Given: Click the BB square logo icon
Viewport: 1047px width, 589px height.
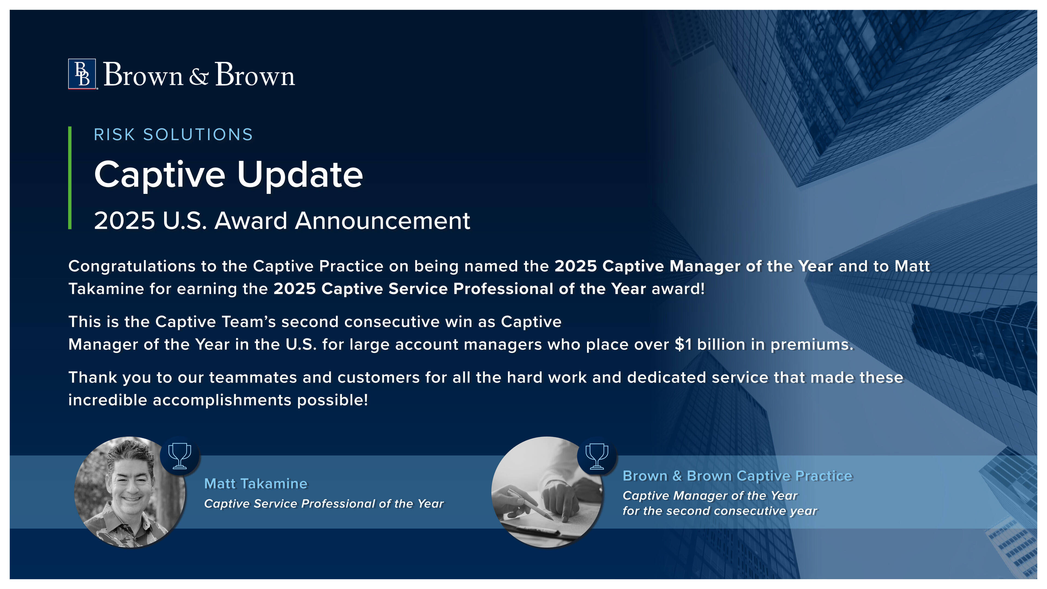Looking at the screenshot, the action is (x=82, y=74).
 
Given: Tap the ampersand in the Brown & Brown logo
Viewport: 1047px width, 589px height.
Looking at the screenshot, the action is (x=199, y=76).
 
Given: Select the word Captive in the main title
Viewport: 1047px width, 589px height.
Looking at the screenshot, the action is (x=160, y=175).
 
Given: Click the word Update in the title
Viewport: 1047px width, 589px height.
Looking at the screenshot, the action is (x=300, y=175).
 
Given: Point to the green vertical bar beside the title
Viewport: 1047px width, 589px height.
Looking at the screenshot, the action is (x=70, y=178).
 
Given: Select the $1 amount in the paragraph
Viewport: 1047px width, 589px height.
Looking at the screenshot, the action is (x=683, y=345).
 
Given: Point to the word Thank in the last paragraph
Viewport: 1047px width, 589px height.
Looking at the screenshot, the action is (x=93, y=377).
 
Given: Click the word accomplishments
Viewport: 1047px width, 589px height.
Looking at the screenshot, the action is (x=222, y=400).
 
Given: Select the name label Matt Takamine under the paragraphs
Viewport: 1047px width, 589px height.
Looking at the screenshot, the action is (x=256, y=484).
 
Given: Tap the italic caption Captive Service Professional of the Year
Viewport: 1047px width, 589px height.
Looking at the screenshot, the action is (x=324, y=504).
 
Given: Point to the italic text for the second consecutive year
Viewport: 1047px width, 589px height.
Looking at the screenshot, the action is (x=720, y=511).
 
